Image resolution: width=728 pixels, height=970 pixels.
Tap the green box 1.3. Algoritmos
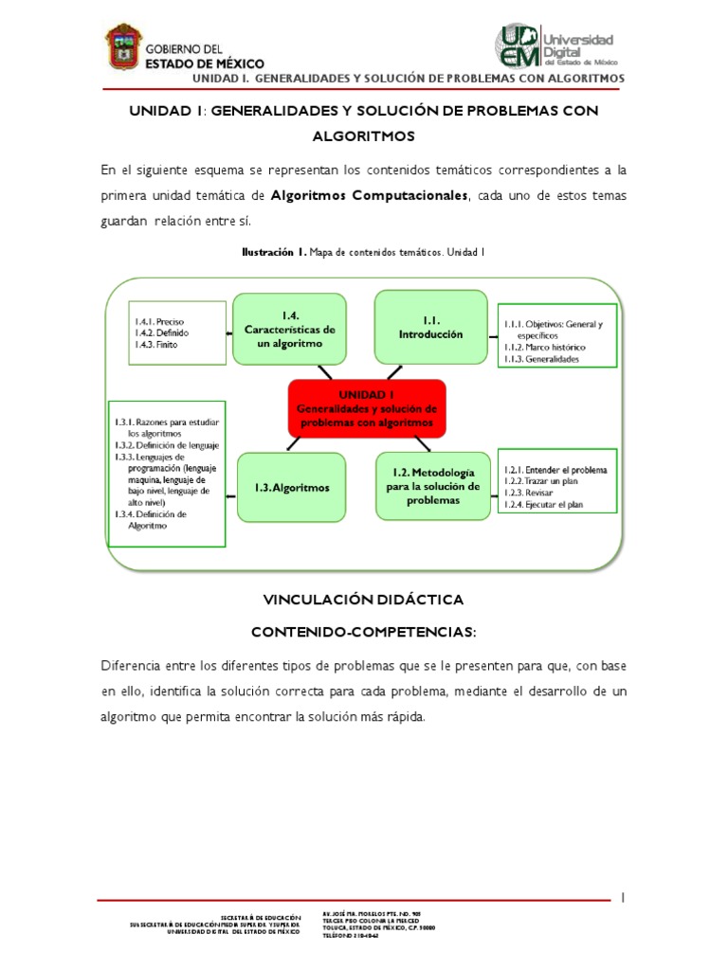[292, 488]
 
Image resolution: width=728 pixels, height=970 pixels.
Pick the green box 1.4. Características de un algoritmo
[290, 329]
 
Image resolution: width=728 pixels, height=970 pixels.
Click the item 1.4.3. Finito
[155, 345]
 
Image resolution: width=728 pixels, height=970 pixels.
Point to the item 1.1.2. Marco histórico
[545, 348]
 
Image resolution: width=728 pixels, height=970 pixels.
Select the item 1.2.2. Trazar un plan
[542, 481]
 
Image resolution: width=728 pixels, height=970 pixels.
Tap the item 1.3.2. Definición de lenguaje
[167, 445]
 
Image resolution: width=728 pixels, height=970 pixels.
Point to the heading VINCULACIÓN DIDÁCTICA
[364, 600]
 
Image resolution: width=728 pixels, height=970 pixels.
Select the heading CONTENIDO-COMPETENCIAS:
[364, 630]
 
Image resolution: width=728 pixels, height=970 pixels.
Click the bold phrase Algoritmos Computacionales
[370, 194]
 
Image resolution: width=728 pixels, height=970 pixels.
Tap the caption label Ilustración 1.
[273, 253]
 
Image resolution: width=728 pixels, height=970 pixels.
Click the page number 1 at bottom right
[624, 897]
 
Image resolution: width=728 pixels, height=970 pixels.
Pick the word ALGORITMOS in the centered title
[364, 136]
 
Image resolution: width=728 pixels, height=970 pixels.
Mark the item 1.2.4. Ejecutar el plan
[544, 505]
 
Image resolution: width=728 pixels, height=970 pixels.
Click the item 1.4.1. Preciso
[158, 321]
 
